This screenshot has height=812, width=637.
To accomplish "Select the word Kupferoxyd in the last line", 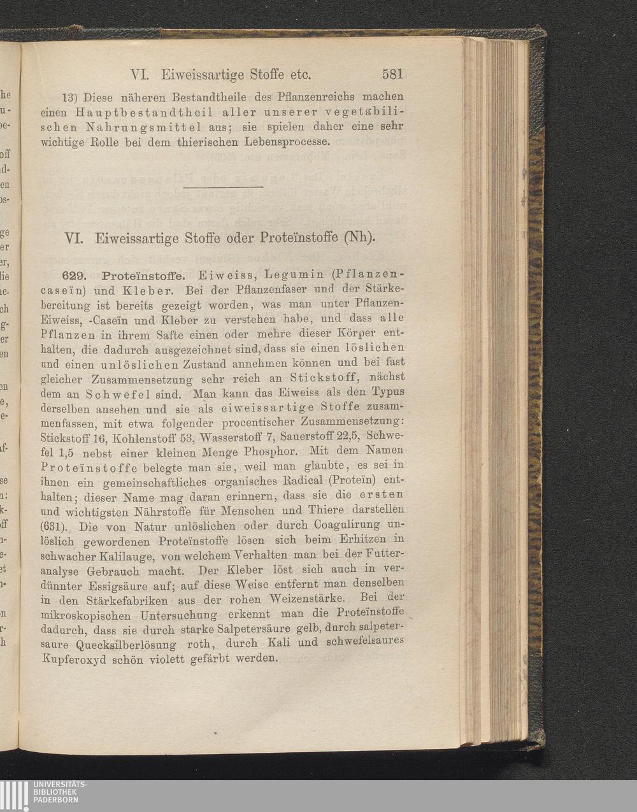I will (x=73, y=659).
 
